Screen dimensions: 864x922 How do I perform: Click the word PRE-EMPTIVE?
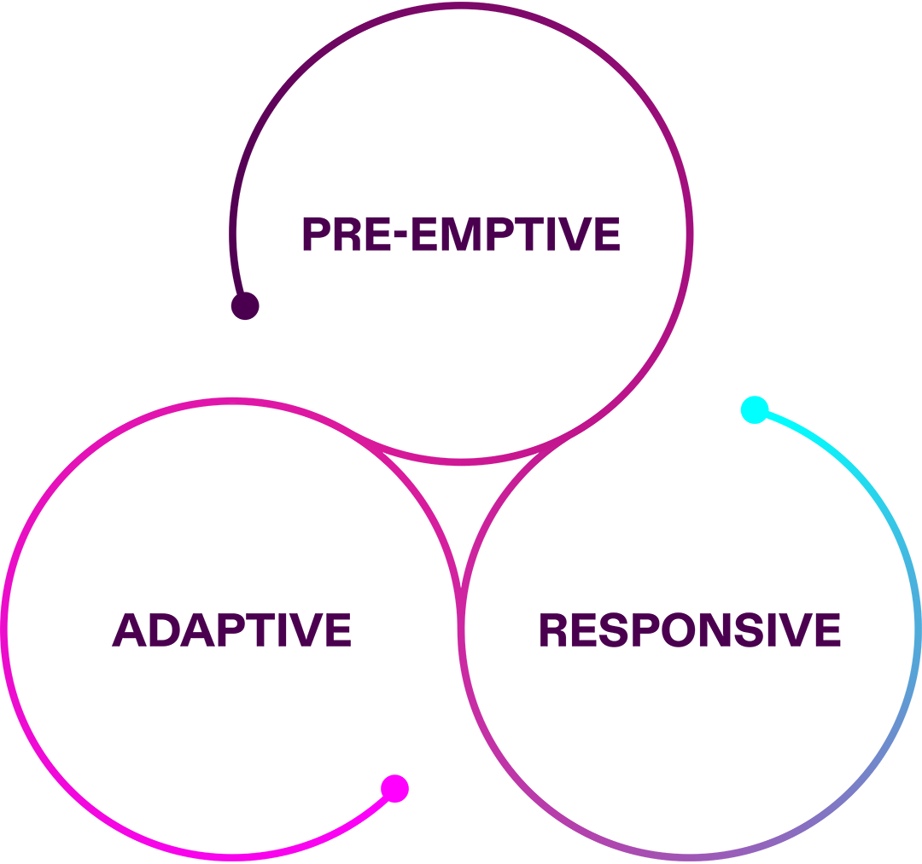click(x=461, y=235)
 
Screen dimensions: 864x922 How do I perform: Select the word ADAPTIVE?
click(x=231, y=630)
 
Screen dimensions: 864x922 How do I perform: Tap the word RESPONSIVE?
click(x=689, y=630)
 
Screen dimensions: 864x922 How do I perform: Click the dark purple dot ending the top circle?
click(x=245, y=306)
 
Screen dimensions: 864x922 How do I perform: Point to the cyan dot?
click(x=754, y=410)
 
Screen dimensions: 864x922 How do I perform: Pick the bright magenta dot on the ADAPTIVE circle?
click(x=394, y=789)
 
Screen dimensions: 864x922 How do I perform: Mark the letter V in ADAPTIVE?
click(x=305, y=630)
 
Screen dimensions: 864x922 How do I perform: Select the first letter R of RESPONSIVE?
click(x=553, y=630)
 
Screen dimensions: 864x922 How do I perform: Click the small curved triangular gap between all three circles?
click(x=461, y=503)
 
